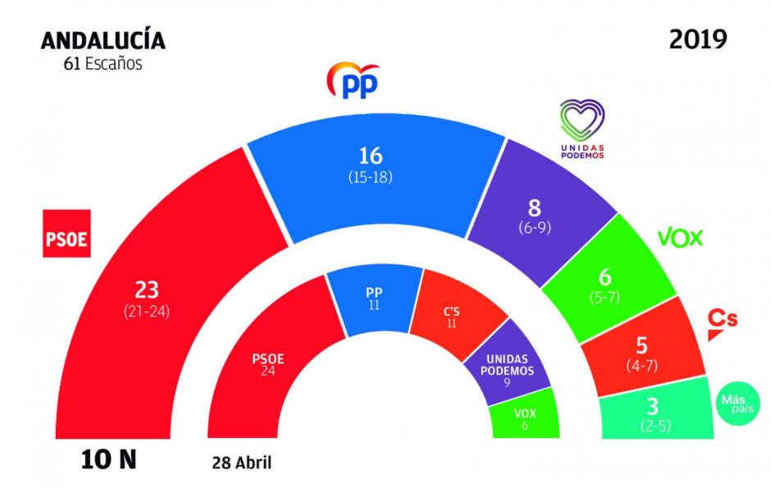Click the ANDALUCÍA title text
(103, 41)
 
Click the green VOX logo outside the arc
(681, 238)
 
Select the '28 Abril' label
(240, 463)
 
